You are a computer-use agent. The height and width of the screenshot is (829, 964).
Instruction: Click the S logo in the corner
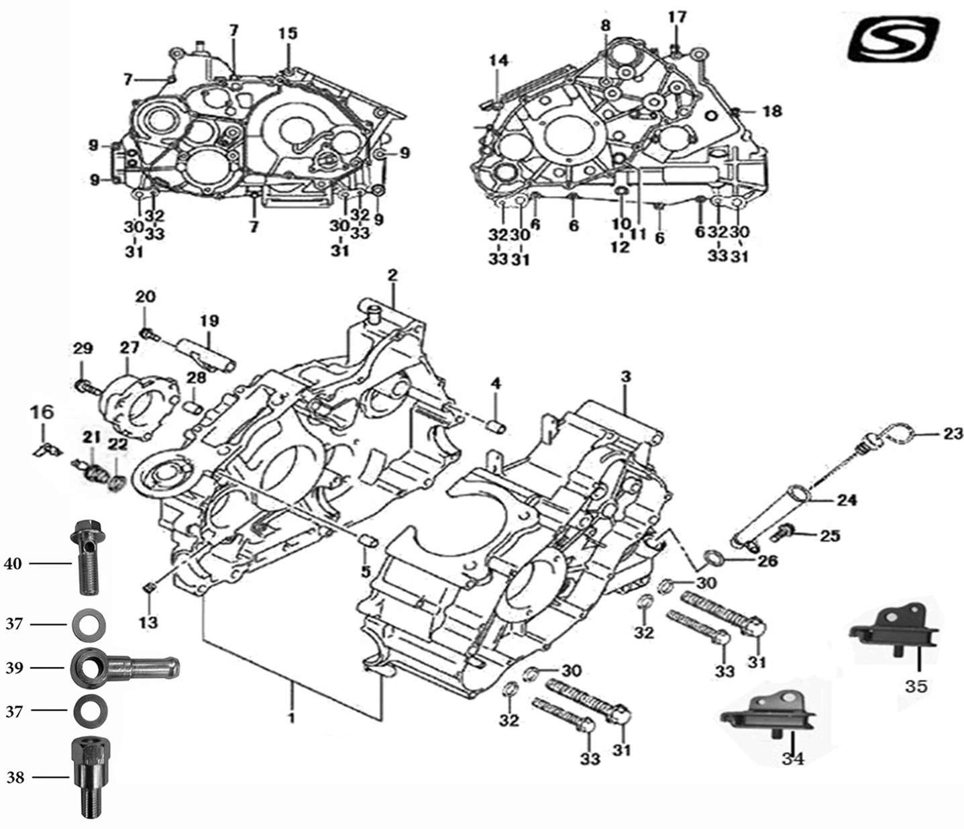pyautogui.click(x=893, y=40)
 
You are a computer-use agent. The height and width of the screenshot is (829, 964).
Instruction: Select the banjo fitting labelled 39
pyautogui.click(x=124, y=667)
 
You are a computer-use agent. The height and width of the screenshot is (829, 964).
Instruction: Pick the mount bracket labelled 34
pyautogui.click(x=769, y=714)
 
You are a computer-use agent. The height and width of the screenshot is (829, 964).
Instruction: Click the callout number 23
pyautogui.click(x=953, y=434)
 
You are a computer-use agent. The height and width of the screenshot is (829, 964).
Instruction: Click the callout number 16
pyautogui.click(x=43, y=411)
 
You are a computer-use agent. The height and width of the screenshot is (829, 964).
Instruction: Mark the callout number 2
pyautogui.click(x=392, y=275)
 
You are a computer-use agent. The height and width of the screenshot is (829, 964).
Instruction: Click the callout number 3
pyautogui.click(x=625, y=377)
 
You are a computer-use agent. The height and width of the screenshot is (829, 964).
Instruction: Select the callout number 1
pyautogui.click(x=292, y=718)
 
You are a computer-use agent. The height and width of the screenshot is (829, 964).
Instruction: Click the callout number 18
pyautogui.click(x=773, y=111)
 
